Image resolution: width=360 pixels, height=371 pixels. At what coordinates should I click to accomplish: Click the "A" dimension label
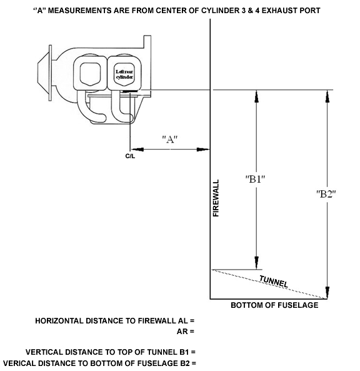tap(170, 139)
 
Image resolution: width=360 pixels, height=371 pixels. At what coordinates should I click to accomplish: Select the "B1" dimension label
tap(255, 179)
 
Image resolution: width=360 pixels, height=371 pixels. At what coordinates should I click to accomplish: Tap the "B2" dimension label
tap(326, 194)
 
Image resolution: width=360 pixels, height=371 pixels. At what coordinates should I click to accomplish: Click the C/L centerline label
tap(130, 156)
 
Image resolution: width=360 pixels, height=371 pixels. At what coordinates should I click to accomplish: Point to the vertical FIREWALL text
tap(216, 198)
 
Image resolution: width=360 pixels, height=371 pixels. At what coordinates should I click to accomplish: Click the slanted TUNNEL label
tap(274, 282)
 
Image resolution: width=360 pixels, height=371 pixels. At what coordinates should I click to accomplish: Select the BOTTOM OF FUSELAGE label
tap(274, 305)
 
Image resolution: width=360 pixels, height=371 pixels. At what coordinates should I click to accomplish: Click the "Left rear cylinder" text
tap(124, 74)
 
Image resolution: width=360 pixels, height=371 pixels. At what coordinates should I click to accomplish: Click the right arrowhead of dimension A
tap(203, 150)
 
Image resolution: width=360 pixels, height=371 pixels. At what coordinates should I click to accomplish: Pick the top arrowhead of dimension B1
tap(256, 96)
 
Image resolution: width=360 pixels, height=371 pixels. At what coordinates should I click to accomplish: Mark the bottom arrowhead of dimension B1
tap(256, 263)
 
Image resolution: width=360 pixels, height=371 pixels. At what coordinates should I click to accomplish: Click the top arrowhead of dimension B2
tap(327, 96)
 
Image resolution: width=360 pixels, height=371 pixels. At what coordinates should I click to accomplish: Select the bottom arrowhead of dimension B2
tap(327, 293)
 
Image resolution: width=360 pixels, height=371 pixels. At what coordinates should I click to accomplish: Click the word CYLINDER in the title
tap(220, 11)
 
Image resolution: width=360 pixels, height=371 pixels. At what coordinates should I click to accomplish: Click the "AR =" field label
tap(186, 332)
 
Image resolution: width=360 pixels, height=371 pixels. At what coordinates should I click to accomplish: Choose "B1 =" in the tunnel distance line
tap(187, 352)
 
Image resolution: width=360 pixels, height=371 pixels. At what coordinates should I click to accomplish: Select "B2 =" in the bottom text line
tap(187, 363)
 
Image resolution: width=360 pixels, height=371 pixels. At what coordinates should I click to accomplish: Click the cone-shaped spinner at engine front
tap(44, 73)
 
